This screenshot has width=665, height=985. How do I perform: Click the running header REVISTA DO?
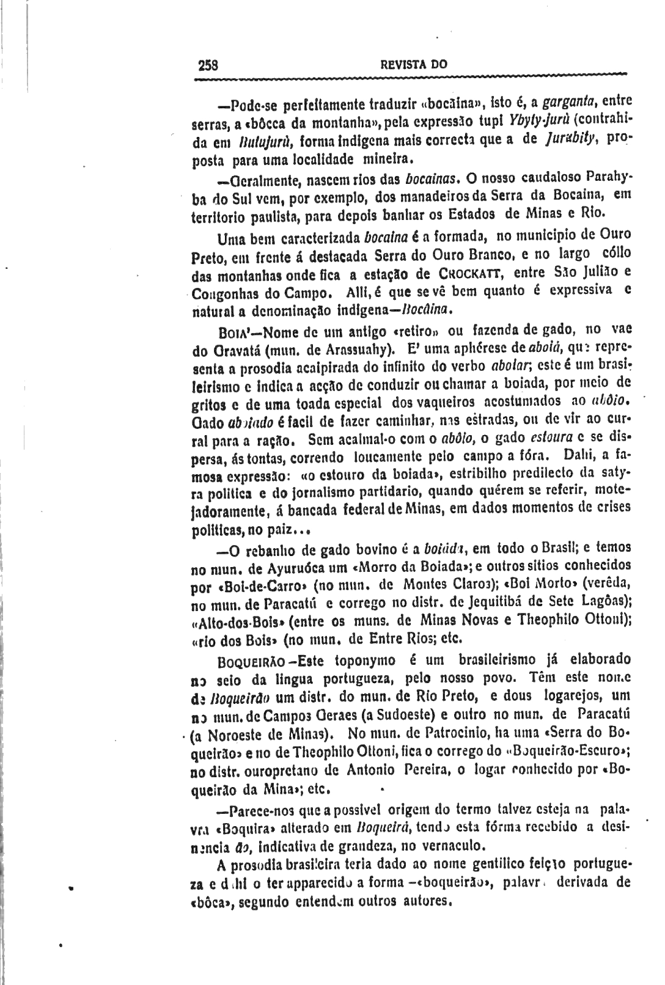pos(414,64)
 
